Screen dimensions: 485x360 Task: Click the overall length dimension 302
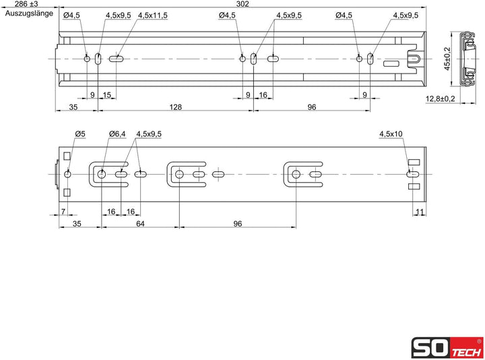coord(243,4)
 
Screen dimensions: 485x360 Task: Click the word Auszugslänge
coord(29,13)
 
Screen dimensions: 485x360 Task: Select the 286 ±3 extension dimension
coord(27,4)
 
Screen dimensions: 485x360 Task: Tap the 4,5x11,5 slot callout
coord(153,15)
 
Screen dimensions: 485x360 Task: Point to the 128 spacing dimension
coord(175,107)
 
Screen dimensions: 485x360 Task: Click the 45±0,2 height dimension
coord(447,58)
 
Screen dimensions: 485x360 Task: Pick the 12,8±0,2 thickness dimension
coord(441,98)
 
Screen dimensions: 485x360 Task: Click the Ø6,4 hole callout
coord(117,134)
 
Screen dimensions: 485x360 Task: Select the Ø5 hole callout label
coord(79,134)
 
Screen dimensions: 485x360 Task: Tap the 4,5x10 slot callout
coord(391,134)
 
